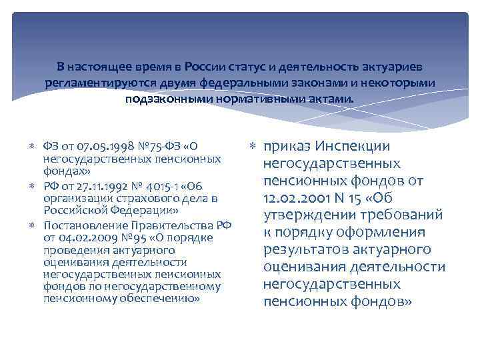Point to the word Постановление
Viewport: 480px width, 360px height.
click(77, 225)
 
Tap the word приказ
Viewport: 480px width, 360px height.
click(286, 147)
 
